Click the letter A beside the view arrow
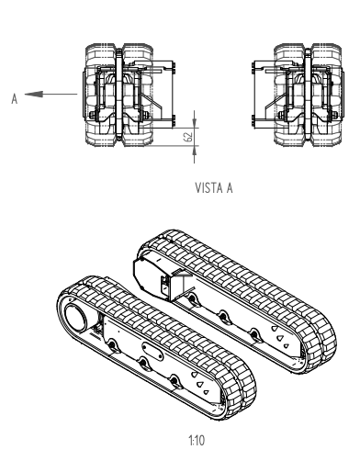point(15,98)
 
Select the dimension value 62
point(189,136)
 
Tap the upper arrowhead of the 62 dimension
point(195,123)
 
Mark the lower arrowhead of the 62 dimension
point(195,151)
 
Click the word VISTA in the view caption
point(207,187)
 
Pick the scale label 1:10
point(197,441)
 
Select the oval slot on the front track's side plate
point(152,352)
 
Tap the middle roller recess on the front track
point(143,362)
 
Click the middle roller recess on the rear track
point(223,316)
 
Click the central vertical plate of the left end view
point(118,94)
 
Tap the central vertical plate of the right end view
point(308,94)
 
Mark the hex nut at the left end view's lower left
point(92,115)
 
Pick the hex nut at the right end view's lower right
point(334,115)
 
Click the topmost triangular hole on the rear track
point(275,328)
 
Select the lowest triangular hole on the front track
point(206,392)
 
